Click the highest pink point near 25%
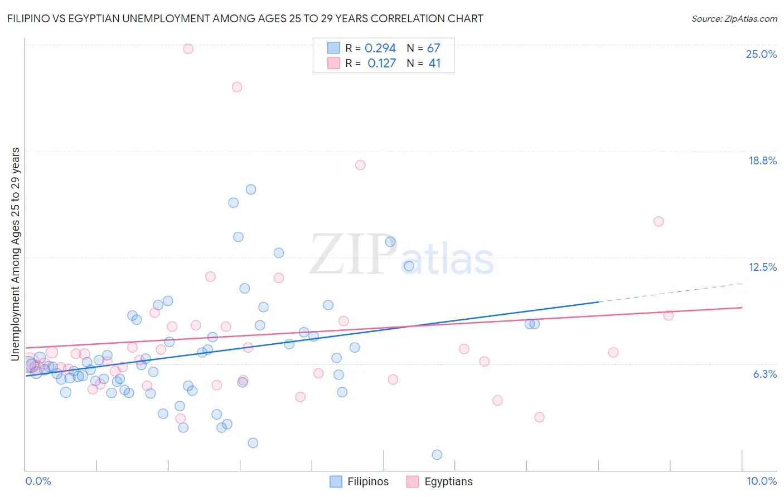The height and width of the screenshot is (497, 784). point(188,48)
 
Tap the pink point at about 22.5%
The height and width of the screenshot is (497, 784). point(236,87)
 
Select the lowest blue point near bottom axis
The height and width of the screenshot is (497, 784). point(437,455)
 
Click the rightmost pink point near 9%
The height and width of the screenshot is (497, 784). point(668,315)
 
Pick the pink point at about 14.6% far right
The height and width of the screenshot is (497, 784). point(658,221)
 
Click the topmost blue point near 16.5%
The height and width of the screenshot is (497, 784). point(250,189)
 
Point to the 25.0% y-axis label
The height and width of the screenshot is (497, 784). point(761,54)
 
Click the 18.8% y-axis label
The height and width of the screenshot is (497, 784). point(762,160)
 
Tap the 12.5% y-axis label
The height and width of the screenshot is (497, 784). point(762,267)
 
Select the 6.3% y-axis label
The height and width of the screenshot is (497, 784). point(764,374)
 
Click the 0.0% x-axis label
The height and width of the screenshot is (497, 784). point(38,481)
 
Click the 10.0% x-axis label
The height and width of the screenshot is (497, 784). point(761,481)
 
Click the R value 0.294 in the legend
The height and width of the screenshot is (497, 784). point(380,48)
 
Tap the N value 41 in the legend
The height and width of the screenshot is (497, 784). point(434,64)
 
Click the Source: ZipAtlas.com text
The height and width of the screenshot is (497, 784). point(734,18)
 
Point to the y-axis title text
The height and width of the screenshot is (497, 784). point(15,254)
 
